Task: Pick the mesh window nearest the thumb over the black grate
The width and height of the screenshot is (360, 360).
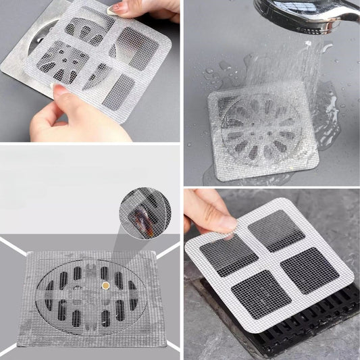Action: (229, 254)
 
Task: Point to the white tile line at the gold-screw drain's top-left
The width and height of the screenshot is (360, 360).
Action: (14, 247)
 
